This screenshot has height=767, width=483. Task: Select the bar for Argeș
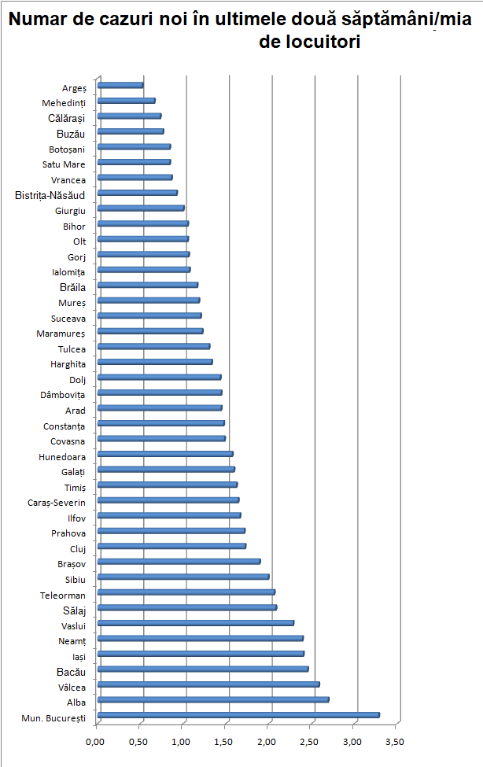point(120,85)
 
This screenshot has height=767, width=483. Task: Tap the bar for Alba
point(212,699)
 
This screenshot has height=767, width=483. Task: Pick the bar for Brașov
point(179,562)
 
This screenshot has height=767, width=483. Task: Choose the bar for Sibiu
point(183,577)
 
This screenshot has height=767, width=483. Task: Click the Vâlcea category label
point(72,687)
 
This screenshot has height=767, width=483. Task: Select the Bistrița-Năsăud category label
point(50,195)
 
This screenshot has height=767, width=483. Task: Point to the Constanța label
point(65,426)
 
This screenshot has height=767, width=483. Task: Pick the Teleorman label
point(63,596)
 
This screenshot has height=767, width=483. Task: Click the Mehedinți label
point(64,103)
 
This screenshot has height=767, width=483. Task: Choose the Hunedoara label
point(62,457)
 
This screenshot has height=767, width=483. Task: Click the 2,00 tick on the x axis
point(268,741)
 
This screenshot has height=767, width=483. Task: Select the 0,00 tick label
point(97,741)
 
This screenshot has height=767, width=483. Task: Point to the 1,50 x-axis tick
point(225,741)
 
